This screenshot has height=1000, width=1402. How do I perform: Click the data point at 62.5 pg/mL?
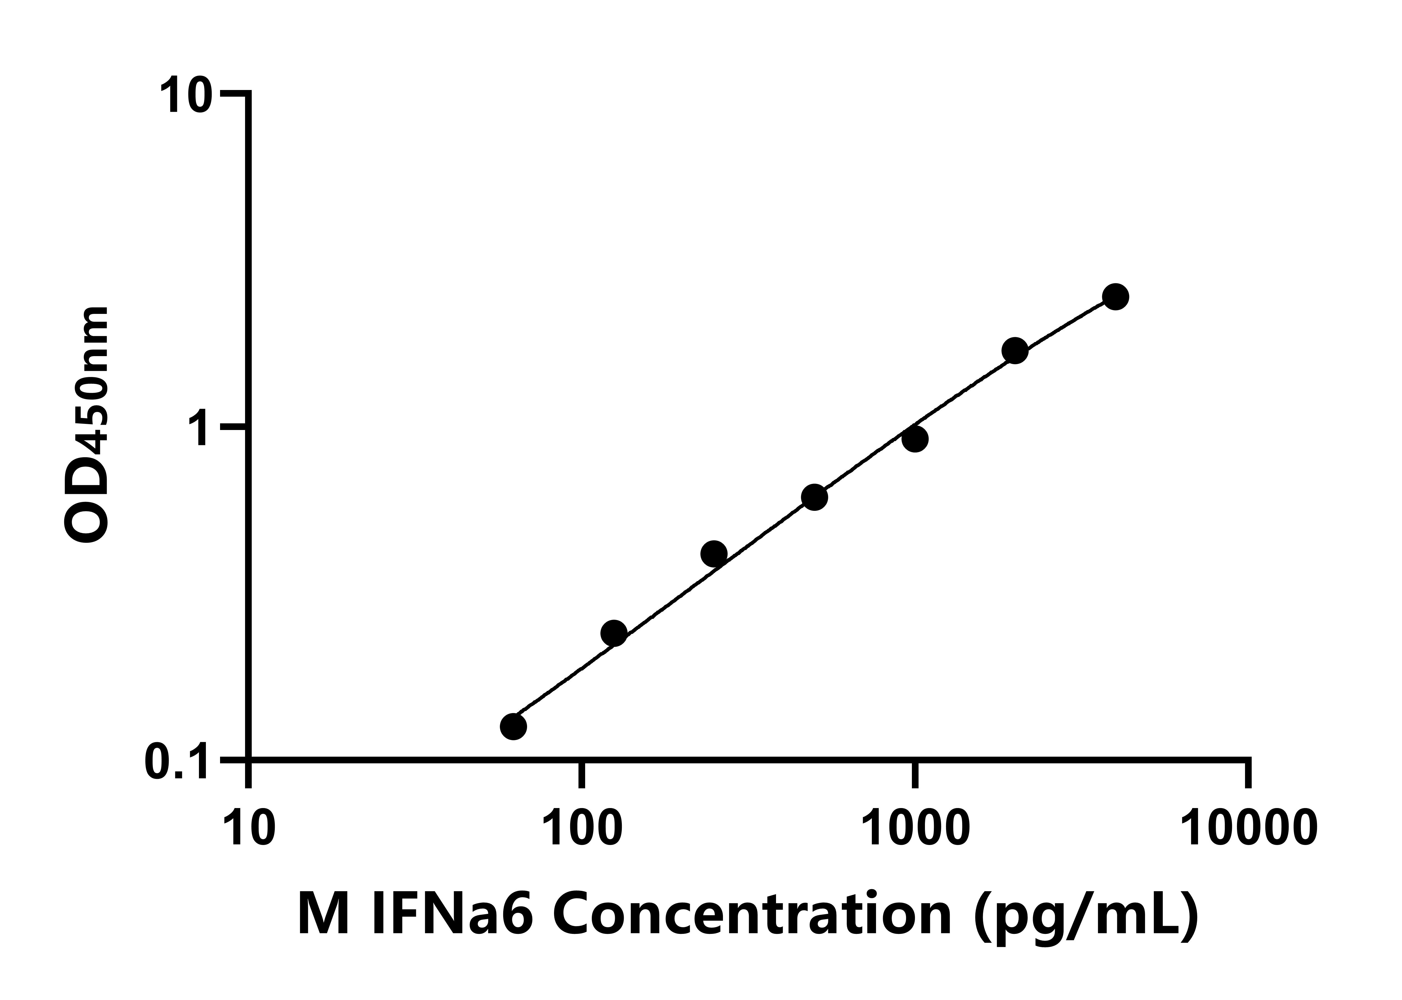click(513, 727)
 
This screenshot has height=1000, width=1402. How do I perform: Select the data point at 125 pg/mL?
click(613, 633)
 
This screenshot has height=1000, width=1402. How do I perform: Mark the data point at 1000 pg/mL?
click(915, 439)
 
